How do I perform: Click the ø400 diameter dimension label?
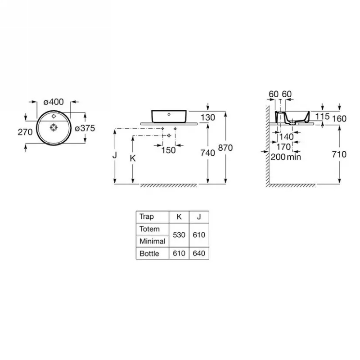(x=54, y=102)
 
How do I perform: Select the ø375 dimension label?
(x=85, y=128)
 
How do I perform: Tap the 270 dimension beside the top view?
(x=25, y=132)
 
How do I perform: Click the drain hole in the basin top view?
(x=54, y=127)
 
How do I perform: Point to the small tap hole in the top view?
(x=54, y=116)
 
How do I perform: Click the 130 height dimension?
(x=208, y=117)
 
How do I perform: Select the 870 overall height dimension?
(x=225, y=148)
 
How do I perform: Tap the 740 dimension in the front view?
(x=207, y=153)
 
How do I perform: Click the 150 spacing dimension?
(x=168, y=150)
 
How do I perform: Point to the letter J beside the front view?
(x=115, y=155)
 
